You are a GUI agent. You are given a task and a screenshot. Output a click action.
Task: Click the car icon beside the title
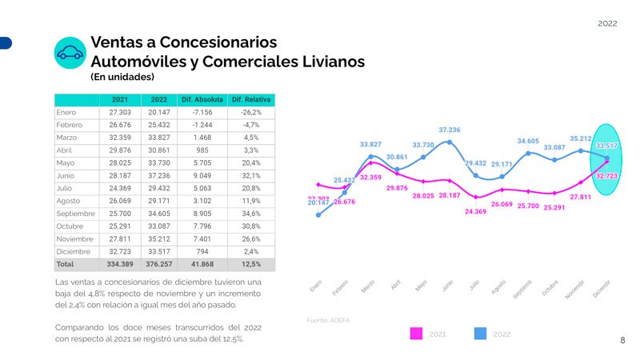pos(70,53)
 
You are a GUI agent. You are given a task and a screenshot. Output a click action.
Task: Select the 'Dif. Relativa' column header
pos(250,99)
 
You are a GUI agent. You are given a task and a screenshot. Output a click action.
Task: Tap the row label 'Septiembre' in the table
pos(76,214)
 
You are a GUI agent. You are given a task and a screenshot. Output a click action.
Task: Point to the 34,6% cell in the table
pos(250,214)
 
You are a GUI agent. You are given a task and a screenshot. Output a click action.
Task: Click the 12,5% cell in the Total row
pos(250,264)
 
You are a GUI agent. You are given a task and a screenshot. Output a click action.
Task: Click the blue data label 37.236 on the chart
pos(450,130)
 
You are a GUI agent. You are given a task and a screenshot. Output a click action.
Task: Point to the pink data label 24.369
pos(475,212)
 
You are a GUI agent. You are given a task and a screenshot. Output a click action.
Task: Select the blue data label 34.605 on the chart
pos(528,141)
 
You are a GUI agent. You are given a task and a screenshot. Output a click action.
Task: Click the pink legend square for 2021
pos(415,334)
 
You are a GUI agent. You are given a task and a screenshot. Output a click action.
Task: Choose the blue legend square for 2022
pos(481,334)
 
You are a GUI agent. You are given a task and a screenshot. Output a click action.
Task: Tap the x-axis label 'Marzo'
pos(369,286)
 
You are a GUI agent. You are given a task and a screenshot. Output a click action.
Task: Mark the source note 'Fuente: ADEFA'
pos(328,320)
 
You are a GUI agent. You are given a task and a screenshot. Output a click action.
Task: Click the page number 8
pos(622,340)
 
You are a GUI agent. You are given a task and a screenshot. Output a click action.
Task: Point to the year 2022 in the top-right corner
pos(607,24)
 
